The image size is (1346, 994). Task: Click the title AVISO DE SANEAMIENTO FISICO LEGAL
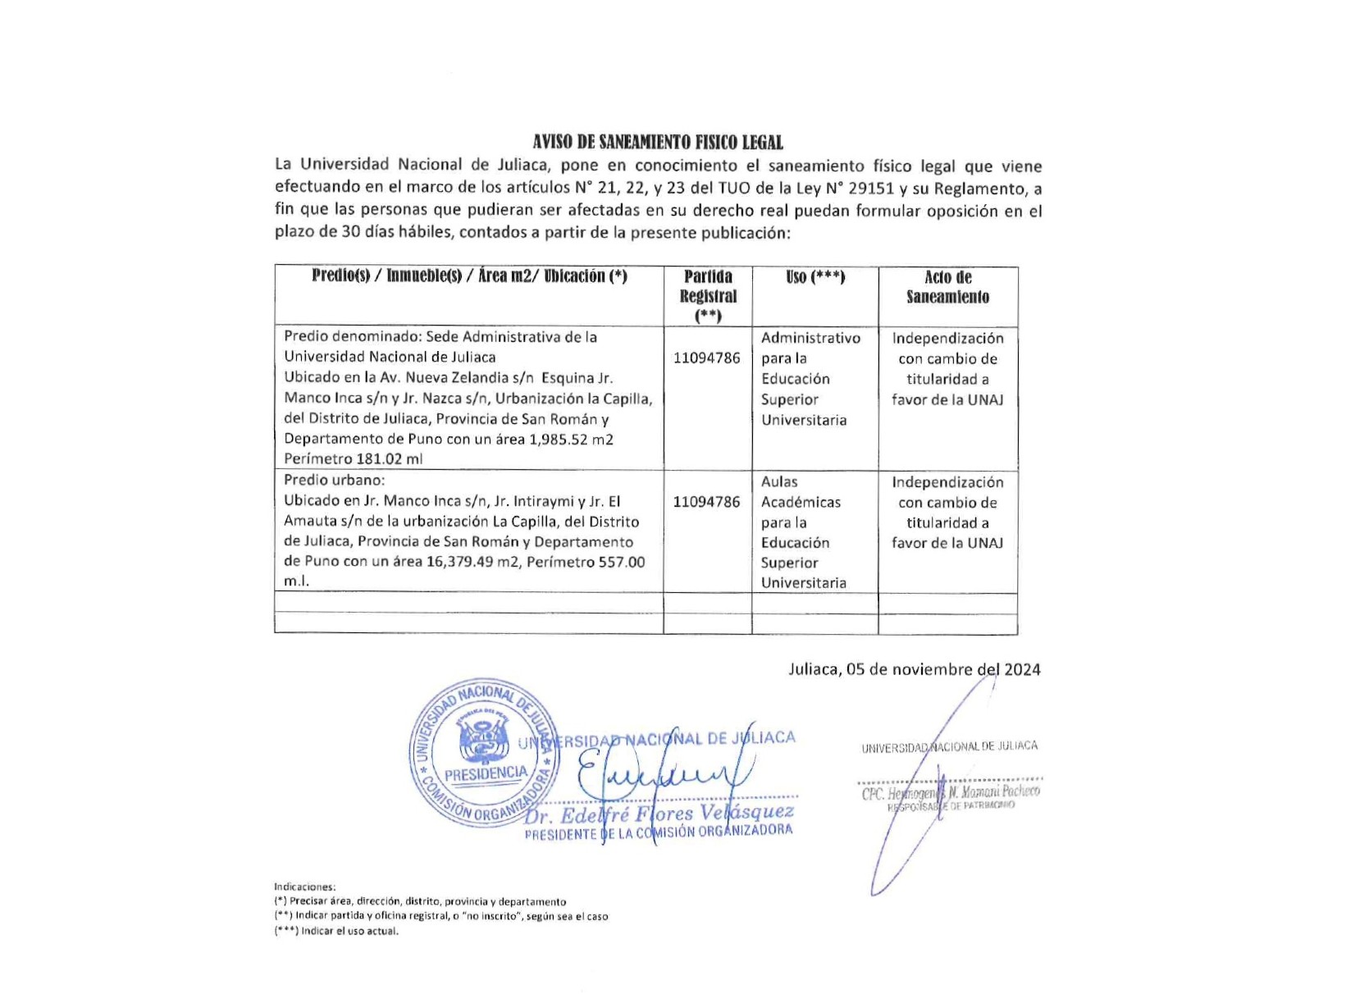pyautogui.click(x=657, y=143)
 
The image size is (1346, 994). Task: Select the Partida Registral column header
pyautogui.click(x=708, y=295)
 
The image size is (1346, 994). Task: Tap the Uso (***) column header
pyautogui.click(x=814, y=277)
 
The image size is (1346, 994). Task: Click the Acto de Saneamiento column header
pyautogui.click(x=947, y=287)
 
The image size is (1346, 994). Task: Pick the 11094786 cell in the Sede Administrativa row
pyautogui.click(x=706, y=358)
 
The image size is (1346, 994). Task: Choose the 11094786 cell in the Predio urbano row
pyautogui.click(x=706, y=501)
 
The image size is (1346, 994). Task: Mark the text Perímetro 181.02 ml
pyautogui.click(x=353, y=458)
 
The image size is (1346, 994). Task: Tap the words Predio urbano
pyautogui.click(x=334, y=481)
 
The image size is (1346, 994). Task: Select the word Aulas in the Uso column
pyautogui.click(x=779, y=481)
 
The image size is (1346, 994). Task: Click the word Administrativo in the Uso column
pyautogui.click(x=810, y=338)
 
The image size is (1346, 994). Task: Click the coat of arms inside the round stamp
pyautogui.click(x=483, y=741)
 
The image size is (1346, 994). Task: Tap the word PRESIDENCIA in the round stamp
pyautogui.click(x=486, y=773)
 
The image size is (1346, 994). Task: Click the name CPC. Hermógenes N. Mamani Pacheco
pyautogui.click(x=951, y=792)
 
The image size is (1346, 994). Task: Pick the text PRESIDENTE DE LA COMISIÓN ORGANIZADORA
pyautogui.click(x=659, y=832)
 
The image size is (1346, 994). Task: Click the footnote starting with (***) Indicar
pyautogui.click(x=336, y=931)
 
